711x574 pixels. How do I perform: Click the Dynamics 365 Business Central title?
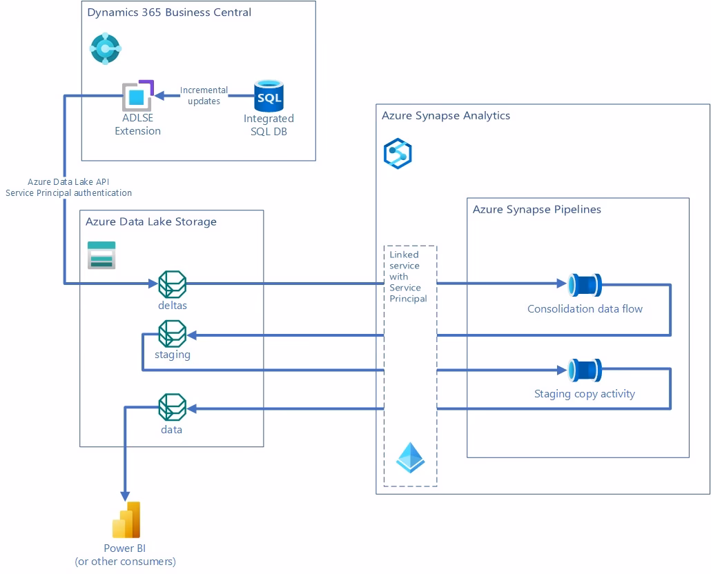[x=169, y=12]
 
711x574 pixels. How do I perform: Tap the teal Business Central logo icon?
[x=105, y=48]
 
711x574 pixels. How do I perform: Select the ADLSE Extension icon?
[x=137, y=96]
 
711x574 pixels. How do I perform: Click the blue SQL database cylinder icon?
[x=269, y=97]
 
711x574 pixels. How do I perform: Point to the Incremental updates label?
[x=204, y=96]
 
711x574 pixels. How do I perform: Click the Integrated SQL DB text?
[x=269, y=125]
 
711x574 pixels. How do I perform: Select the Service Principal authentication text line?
[x=68, y=193]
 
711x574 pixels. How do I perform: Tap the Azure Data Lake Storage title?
[x=150, y=221]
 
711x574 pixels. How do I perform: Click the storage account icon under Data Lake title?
[x=101, y=255]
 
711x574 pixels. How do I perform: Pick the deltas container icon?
[x=172, y=284]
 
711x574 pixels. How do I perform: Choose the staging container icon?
[x=172, y=334]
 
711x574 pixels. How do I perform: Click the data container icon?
[x=172, y=407]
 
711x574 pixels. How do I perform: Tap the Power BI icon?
[x=126, y=520]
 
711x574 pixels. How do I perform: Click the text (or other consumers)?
[x=125, y=562]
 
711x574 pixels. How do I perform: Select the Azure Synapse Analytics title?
[x=445, y=115]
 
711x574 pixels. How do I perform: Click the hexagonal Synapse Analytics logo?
[x=398, y=153]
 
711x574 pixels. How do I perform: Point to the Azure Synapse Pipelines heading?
[x=536, y=209]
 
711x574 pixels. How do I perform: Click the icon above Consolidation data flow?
[x=585, y=284]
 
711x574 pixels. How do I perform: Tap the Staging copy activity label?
[x=584, y=394]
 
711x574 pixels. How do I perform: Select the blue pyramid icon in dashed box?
[x=410, y=457]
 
